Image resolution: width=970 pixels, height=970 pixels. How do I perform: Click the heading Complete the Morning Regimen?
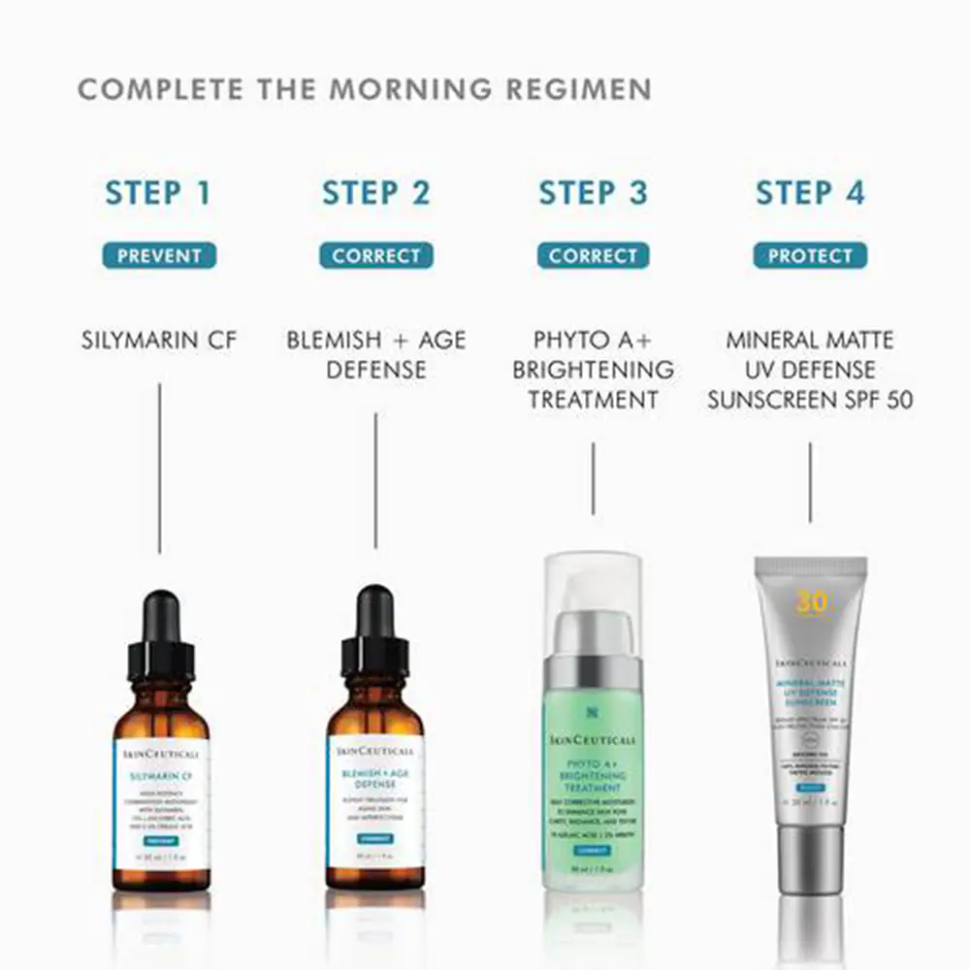pyautogui.click(x=364, y=89)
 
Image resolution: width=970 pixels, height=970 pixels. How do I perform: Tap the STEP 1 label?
pyautogui.click(x=158, y=192)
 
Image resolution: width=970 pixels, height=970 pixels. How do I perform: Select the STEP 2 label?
pyautogui.click(x=375, y=192)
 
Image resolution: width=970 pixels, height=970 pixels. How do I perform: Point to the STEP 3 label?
pyautogui.click(x=593, y=192)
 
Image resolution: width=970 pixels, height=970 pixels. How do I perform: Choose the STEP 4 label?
pyautogui.click(x=810, y=192)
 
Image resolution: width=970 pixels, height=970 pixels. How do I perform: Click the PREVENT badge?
pyautogui.click(x=159, y=256)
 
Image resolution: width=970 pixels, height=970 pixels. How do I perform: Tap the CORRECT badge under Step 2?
pyautogui.click(x=376, y=256)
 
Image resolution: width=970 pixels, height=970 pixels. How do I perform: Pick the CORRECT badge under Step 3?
pyautogui.click(x=593, y=256)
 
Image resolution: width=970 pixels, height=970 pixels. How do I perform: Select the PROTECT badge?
pyautogui.click(x=810, y=256)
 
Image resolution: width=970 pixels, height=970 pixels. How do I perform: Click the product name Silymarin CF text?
pyautogui.click(x=159, y=340)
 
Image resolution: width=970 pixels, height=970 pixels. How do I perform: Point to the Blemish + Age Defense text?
pyautogui.click(x=376, y=355)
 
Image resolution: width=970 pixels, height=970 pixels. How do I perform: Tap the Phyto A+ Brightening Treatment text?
pyautogui.click(x=593, y=370)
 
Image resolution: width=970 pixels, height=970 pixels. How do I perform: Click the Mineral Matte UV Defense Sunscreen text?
pyautogui.click(x=810, y=370)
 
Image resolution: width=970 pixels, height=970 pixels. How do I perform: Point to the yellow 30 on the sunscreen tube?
pyautogui.click(x=811, y=602)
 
